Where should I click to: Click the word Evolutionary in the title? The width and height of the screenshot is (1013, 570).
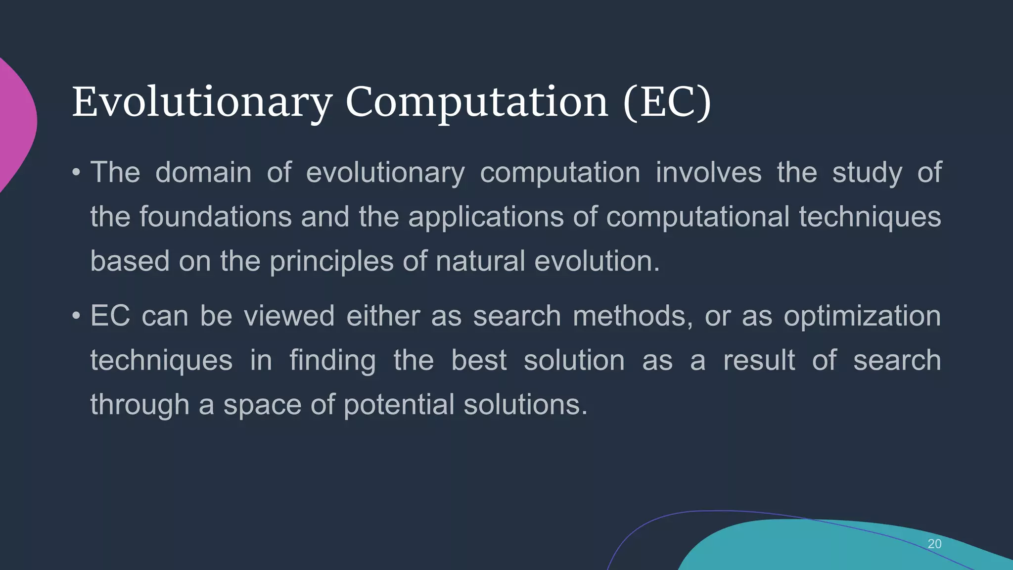(202, 102)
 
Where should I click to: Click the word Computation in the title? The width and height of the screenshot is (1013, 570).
(476, 102)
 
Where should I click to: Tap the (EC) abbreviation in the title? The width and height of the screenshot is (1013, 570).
(667, 102)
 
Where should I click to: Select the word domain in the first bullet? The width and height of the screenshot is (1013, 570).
(203, 173)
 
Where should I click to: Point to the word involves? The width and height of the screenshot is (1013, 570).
(708, 173)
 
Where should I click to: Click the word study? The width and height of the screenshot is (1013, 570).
(867, 174)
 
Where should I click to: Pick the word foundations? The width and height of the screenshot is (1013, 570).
(215, 217)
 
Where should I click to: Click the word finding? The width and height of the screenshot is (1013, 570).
(332, 361)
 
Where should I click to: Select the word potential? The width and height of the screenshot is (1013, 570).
(399, 405)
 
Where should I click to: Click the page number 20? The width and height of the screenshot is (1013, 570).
(934, 544)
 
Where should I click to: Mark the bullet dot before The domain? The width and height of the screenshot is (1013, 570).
(76, 173)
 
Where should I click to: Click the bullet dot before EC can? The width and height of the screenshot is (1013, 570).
(76, 316)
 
